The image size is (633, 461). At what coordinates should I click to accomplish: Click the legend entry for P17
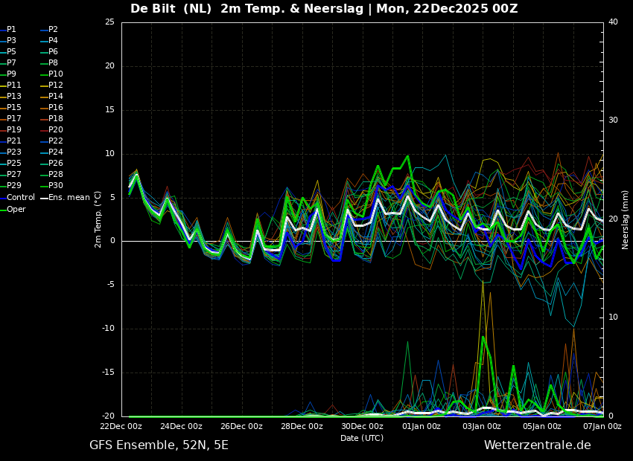pos(14,119)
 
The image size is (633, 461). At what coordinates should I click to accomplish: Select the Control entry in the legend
pos(20,198)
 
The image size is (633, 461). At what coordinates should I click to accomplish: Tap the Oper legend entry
pos(16,210)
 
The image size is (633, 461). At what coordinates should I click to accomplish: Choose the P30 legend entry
pos(56,186)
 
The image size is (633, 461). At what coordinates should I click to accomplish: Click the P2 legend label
pos(53,30)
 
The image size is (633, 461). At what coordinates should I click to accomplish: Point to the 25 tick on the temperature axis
pos(109,22)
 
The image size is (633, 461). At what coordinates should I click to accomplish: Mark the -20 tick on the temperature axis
pos(107,416)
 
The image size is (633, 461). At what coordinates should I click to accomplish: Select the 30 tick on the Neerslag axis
pos(613,120)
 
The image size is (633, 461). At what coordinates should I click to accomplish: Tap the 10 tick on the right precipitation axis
pos(613,317)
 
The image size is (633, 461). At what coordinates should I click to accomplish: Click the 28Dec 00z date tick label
pos(302,427)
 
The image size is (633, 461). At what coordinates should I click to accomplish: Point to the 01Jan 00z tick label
pos(422,427)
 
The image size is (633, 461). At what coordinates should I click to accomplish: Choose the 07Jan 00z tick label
pos(602,427)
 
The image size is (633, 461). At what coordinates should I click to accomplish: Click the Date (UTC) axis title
pos(362,438)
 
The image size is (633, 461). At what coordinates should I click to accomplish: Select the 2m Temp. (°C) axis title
pos(98,219)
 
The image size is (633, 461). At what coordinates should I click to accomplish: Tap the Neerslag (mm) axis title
pos(626,219)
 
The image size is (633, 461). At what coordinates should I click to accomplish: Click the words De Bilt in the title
pos(155,9)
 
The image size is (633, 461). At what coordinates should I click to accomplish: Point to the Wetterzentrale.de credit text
pos(537,445)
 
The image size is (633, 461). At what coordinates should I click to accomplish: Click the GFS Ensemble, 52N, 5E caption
pos(159,445)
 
